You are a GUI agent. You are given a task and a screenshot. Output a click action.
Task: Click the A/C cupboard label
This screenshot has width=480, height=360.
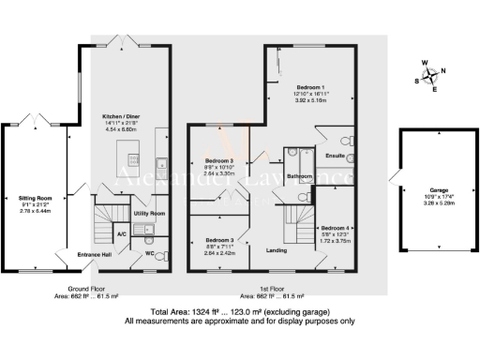pyautogui.click(x=122, y=233)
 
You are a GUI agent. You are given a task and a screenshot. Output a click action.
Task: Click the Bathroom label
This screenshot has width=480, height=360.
pyautogui.click(x=300, y=176)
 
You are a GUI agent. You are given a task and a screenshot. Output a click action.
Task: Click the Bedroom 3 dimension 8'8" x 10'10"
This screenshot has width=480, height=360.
pyautogui.click(x=218, y=167)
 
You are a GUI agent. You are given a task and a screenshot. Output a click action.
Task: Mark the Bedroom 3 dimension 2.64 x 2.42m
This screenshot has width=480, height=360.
pyautogui.click(x=218, y=253)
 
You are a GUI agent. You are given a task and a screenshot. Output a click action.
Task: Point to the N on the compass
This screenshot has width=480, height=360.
pyautogui.click(x=443, y=71)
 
